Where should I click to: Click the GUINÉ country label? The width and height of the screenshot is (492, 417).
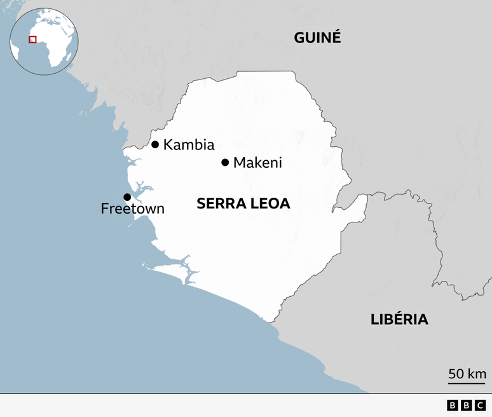click(317, 38)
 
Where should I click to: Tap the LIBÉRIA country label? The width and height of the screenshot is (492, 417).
click(399, 319)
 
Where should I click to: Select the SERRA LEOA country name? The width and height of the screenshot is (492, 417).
click(243, 203)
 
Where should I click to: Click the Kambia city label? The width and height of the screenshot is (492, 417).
click(189, 145)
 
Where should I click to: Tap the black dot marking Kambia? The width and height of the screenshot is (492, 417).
click(155, 144)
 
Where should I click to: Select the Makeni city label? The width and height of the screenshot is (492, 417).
click(257, 163)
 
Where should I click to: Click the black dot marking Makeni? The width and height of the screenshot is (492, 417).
click(225, 163)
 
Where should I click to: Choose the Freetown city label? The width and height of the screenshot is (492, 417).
click(132, 208)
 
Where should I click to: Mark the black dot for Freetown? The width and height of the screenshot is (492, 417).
click(127, 197)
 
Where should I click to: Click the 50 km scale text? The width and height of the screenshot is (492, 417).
click(467, 374)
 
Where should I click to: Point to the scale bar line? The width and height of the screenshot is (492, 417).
click(467, 383)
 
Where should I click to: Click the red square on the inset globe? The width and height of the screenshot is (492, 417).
click(32, 39)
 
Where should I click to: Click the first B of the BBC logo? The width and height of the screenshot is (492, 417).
click(453, 406)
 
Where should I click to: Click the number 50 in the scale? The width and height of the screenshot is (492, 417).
click(456, 374)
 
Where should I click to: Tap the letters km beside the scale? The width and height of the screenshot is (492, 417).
click(477, 374)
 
